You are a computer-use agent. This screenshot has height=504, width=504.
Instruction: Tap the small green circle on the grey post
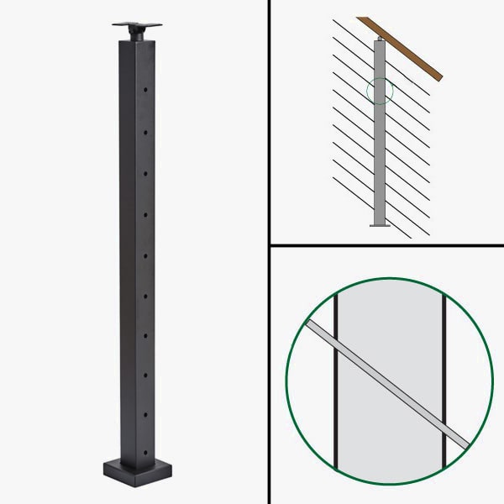381,91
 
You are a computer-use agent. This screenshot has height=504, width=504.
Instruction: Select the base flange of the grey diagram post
380,224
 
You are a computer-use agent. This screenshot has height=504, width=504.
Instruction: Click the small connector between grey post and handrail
380,39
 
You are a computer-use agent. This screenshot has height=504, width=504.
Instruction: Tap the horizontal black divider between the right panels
386,246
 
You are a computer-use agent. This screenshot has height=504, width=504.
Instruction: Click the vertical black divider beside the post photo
268,252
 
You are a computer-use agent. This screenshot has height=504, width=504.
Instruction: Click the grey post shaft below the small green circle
380,160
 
